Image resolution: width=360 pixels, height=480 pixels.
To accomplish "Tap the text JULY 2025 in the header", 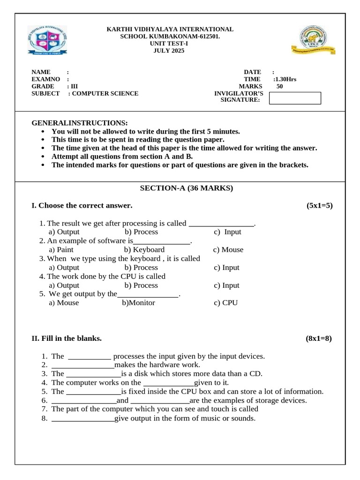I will pyautogui.click(x=169, y=51).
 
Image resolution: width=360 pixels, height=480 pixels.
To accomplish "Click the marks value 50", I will pyautogui.click(x=279, y=86).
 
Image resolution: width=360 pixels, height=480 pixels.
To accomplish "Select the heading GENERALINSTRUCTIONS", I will pyautogui.click(x=79, y=123).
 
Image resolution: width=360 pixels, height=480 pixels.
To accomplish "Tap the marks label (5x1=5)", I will pyautogui.click(x=320, y=205).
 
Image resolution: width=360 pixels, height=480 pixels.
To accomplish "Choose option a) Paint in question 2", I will pyautogui.click(x=61, y=250).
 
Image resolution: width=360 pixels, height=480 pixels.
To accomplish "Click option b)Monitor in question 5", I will pyautogui.click(x=138, y=303).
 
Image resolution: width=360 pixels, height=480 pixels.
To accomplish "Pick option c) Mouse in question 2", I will pyautogui.click(x=228, y=250).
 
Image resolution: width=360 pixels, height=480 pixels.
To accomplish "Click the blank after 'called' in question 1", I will pyautogui.click(x=221, y=224).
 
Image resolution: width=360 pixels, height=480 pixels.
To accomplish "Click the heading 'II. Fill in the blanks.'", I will pyautogui.click(x=66, y=338).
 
